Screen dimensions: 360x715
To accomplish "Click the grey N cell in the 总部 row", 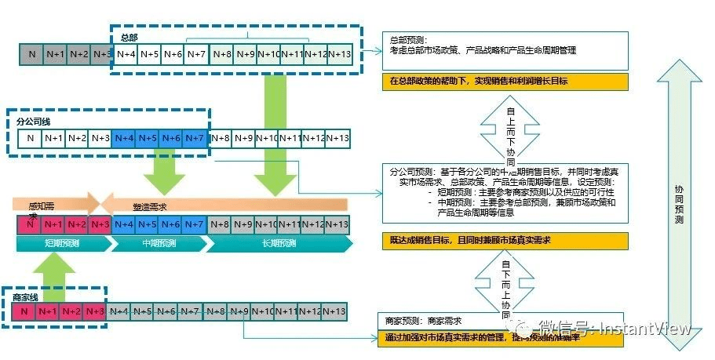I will point(32,54).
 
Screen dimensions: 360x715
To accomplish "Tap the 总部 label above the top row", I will point(129,37).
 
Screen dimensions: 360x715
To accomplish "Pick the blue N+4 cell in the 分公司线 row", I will point(124,139).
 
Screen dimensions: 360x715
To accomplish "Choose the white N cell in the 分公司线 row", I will point(31,139).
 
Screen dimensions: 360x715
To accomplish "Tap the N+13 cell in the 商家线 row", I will point(334,312).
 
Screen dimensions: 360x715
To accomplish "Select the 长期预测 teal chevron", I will point(278,243).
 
